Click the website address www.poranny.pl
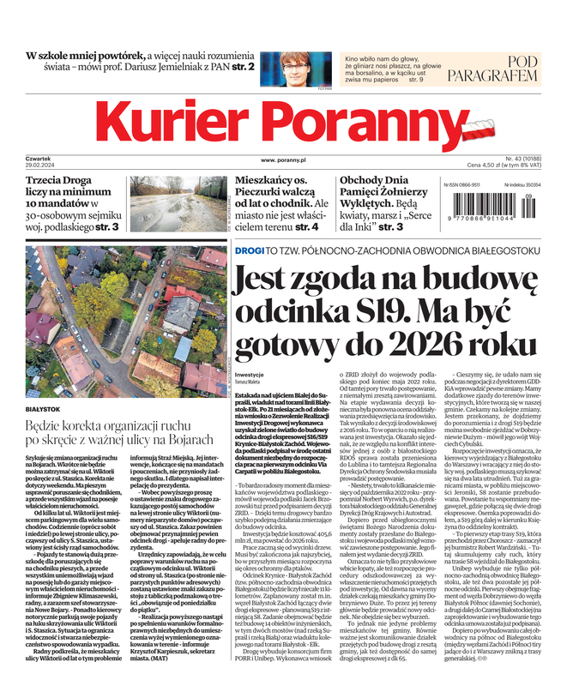point(284,160)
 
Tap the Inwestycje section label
point(249,376)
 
